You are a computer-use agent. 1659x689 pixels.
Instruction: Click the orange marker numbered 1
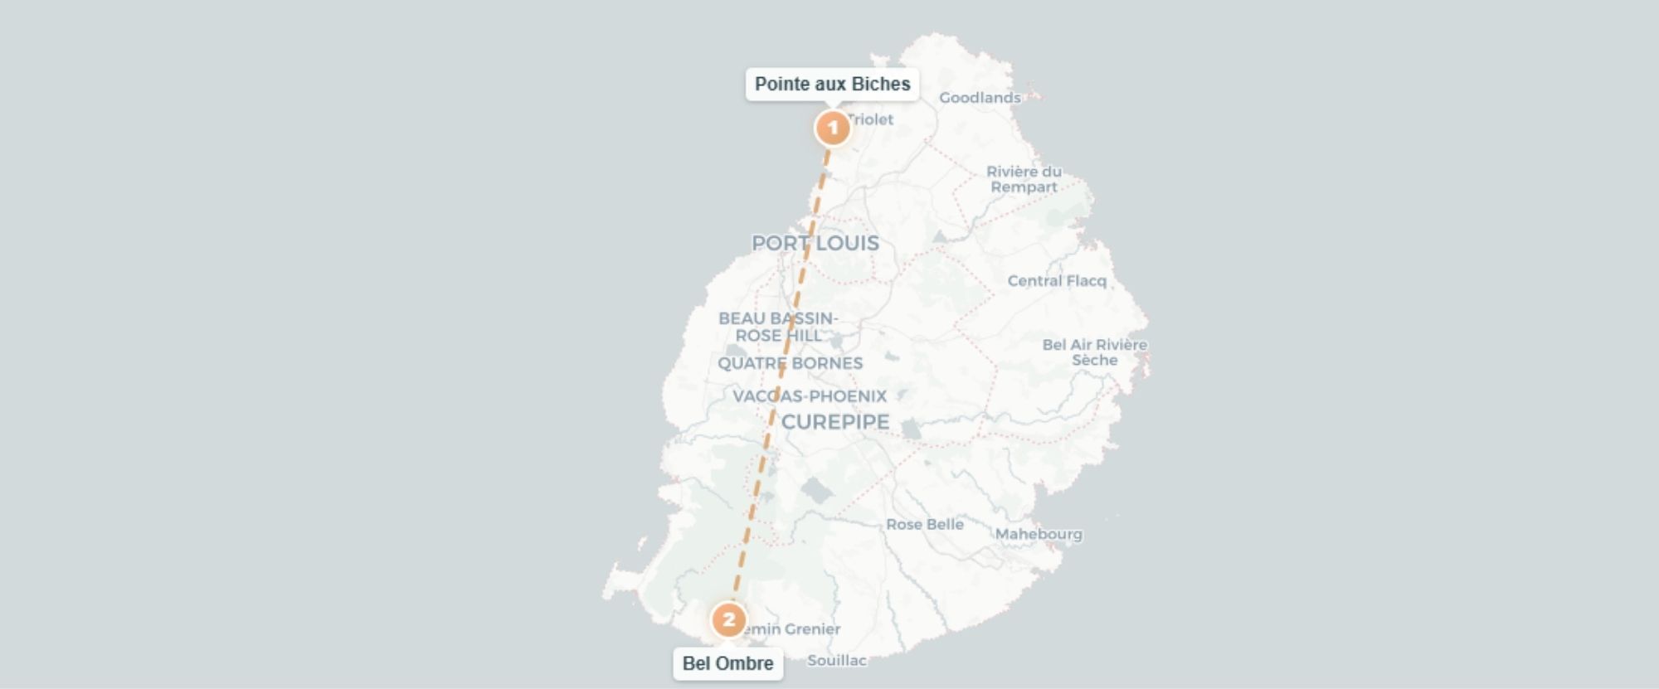pyautogui.click(x=833, y=129)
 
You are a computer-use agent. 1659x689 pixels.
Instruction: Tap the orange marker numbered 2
pyautogui.click(x=728, y=619)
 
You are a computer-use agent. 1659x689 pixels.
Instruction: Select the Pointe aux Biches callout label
pyautogui.click(x=832, y=85)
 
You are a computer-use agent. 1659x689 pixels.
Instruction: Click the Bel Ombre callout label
pyautogui.click(x=727, y=663)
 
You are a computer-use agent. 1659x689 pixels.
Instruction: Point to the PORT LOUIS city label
pyautogui.click(x=815, y=243)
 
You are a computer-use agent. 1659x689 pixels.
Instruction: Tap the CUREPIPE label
pyautogui.click(x=834, y=422)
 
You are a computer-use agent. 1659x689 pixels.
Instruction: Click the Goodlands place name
pyautogui.click(x=979, y=98)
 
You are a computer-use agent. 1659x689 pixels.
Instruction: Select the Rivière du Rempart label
pyautogui.click(x=1024, y=179)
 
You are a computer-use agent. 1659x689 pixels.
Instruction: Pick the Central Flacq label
pyautogui.click(x=1056, y=281)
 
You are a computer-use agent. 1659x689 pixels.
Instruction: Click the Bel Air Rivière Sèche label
pyautogui.click(x=1094, y=352)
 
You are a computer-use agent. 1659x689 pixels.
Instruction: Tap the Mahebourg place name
pyautogui.click(x=1039, y=534)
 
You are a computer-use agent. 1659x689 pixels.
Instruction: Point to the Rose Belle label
pyautogui.click(x=924, y=524)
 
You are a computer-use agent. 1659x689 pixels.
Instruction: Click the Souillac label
pyautogui.click(x=836, y=660)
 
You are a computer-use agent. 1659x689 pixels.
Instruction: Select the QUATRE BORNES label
pyautogui.click(x=790, y=363)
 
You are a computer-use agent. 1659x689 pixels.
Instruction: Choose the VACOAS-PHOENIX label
pyautogui.click(x=809, y=396)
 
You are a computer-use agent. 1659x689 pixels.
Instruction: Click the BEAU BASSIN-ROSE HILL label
pyautogui.click(x=778, y=327)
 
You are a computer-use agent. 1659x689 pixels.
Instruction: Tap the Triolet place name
pyautogui.click(x=872, y=119)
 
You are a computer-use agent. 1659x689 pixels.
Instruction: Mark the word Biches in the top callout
pyautogui.click(x=882, y=85)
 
